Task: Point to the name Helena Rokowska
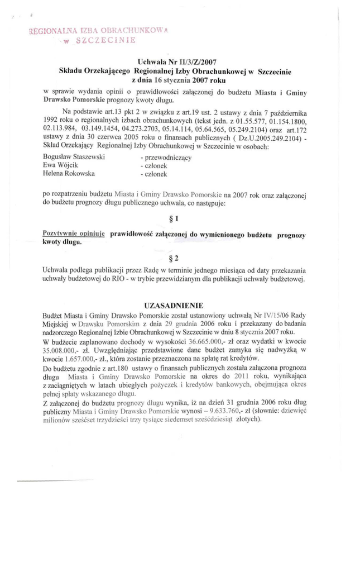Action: [x=71, y=174]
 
